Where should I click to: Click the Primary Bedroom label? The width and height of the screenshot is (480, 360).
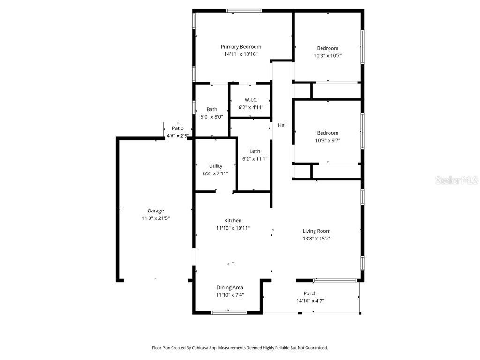pyautogui.click(x=241, y=47)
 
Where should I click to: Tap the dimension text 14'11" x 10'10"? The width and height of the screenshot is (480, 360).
pyautogui.click(x=241, y=54)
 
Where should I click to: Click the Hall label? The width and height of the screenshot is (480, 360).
pyautogui.click(x=282, y=125)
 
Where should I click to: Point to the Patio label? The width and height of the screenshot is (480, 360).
pyautogui.click(x=178, y=128)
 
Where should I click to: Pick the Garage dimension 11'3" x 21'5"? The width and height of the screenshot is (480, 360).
pyautogui.click(x=156, y=218)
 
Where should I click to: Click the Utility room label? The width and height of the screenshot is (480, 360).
pyautogui.click(x=216, y=166)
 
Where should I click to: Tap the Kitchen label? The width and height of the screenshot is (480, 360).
pyautogui.click(x=233, y=221)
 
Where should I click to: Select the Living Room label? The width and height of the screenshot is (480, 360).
pyautogui.click(x=316, y=231)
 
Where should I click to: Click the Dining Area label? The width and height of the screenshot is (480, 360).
pyautogui.click(x=230, y=287)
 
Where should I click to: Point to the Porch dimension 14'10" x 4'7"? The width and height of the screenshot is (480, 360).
pyautogui.click(x=310, y=301)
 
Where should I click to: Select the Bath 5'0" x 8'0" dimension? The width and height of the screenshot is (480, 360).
pyautogui.click(x=212, y=117)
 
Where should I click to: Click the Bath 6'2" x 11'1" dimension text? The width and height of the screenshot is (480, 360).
pyautogui.click(x=255, y=159)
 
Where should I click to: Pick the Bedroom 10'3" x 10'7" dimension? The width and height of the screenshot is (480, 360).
pyautogui.click(x=328, y=56)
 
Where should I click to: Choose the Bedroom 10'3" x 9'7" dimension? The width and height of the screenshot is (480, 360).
pyautogui.click(x=328, y=140)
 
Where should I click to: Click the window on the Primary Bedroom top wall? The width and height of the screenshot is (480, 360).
pyautogui.click(x=244, y=10)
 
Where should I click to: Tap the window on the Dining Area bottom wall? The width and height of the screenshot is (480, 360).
pyautogui.click(x=229, y=312)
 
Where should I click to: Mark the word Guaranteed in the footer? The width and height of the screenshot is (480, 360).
pyautogui.click(x=315, y=348)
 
